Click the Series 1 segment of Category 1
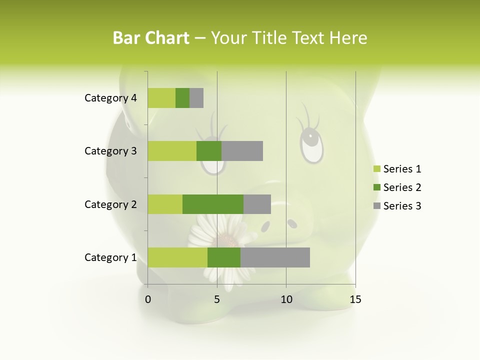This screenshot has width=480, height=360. pos(177,257)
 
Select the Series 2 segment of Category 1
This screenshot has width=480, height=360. pos(224,257)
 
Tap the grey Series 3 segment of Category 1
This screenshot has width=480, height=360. pos(275,257)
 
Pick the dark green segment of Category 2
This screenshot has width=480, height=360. pos(213,204)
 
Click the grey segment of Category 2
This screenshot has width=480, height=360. pos(257,204)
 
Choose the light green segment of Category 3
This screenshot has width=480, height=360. pos(172,151)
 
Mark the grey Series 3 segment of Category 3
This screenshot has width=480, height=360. pos(242,151)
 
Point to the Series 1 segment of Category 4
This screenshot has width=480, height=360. pos(161,98)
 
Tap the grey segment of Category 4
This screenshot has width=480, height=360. pos(196,98)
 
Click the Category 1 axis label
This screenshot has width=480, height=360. pos(110,257)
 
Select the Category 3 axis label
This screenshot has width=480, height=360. pos(110,151)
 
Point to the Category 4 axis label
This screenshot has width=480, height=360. pos(110,98)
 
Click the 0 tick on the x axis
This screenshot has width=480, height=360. pos(148,299)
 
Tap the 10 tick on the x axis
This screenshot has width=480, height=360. pos(286,299)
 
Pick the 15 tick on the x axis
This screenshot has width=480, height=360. pos(355,299)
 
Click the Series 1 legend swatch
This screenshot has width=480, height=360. pos(376,169)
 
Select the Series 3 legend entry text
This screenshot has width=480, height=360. pos(402,206)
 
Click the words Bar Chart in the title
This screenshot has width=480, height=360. pos(151,38)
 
